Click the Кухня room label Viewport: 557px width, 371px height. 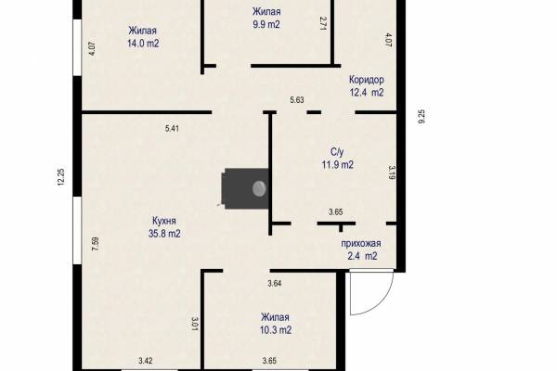tap(164, 221)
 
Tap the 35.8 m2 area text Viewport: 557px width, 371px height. tap(164, 234)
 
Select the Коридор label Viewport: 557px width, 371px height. tap(367, 80)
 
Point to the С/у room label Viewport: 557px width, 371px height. tap(337, 152)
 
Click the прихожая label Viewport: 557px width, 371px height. tap(361, 244)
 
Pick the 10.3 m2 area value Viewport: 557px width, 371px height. tap(276, 330)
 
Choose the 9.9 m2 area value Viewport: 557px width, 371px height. tap(266, 24)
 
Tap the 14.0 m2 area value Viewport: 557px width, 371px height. tap(143, 44)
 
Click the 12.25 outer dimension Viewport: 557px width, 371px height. tap(60, 177)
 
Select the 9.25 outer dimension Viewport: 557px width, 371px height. tap(421, 117)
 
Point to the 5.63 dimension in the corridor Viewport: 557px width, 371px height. tap(297, 100)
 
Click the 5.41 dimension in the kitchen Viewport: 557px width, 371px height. tap(172, 128)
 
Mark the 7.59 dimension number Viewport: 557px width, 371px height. tap(95, 244)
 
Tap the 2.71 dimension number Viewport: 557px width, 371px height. tap(323, 23)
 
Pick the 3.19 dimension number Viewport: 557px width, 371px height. tap(392, 173)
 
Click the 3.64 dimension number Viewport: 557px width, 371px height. tap(275, 283)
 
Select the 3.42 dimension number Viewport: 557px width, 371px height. tap(146, 361)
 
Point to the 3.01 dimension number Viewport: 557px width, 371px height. tap(194, 324)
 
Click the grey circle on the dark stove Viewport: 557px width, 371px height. tap(259, 188)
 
